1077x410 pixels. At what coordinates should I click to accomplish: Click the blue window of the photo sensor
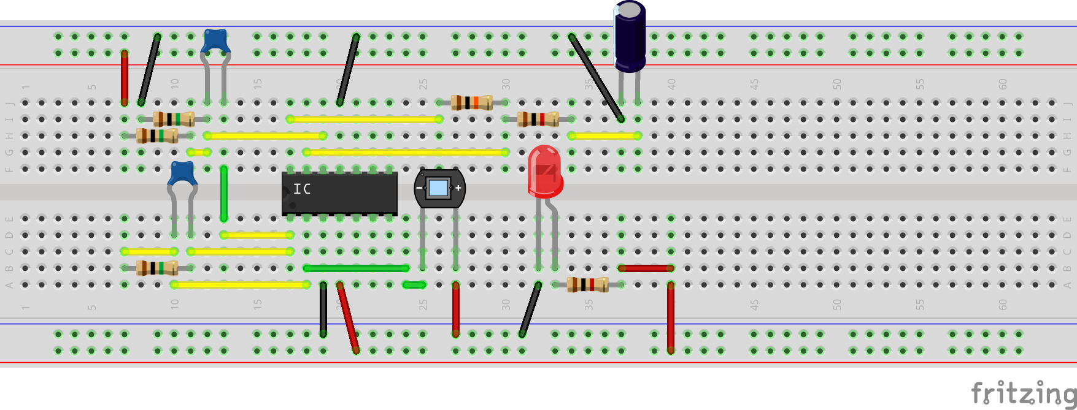pyautogui.click(x=438, y=188)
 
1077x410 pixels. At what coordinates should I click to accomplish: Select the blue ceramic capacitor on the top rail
pyautogui.click(x=215, y=40)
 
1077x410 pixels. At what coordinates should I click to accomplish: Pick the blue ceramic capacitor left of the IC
pyautogui.click(x=182, y=173)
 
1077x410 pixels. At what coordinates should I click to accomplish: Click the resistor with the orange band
pyautogui.click(x=471, y=102)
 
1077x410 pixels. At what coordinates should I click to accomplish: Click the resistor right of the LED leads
pyautogui.click(x=587, y=284)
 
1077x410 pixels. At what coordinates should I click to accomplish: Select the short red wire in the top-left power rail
pyautogui.click(x=125, y=78)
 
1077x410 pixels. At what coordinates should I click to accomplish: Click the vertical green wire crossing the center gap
pyautogui.click(x=224, y=193)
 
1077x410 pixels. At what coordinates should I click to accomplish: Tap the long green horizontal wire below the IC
pyautogui.click(x=356, y=268)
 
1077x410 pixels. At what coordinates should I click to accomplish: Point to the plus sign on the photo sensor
pyautogui.click(x=458, y=188)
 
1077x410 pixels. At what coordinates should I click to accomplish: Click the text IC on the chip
pyautogui.click(x=302, y=189)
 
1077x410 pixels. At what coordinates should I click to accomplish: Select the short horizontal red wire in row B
pyautogui.click(x=646, y=268)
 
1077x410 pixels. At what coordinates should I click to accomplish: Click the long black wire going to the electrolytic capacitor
pyautogui.click(x=596, y=78)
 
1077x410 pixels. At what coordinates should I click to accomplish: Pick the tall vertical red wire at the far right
pyautogui.click(x=671, y=317)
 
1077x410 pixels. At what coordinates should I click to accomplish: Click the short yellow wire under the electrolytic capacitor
pyautogui.click(x=604, y=135)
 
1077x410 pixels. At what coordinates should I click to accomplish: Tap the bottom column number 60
pyautogui.click(x=1002, y=305)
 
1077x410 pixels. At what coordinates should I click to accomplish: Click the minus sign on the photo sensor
pyautogui.click(x=419, y=188)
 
